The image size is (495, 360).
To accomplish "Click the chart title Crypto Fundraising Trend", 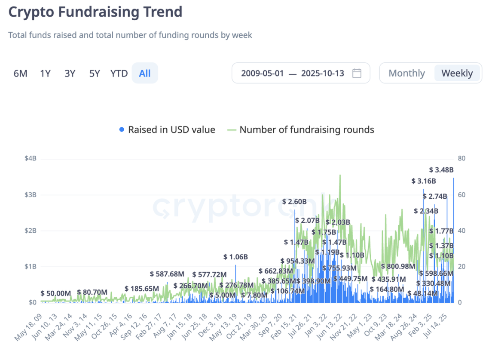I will (95, 12).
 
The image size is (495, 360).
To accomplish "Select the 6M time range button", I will (20, 74).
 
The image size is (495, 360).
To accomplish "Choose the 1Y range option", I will (45, 74).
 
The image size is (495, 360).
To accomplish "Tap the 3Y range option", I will (70, 74).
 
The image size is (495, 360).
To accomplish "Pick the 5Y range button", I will (95, 74).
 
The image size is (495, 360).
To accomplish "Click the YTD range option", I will (119, 74).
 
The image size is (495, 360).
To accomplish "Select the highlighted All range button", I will (145, 74).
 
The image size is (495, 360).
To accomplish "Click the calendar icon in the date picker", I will (357, 73).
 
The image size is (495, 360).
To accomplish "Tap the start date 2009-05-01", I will (262, 73).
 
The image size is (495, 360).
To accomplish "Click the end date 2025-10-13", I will (323, 73).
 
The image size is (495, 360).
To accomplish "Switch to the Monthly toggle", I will (406, 73).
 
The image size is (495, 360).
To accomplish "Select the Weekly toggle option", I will (457, 73).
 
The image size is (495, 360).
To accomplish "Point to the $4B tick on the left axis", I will (31, 158).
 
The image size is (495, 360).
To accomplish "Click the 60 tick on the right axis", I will (461, 194).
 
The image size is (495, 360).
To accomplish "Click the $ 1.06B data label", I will (235, 257).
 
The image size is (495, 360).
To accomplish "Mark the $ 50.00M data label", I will (56, 293).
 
